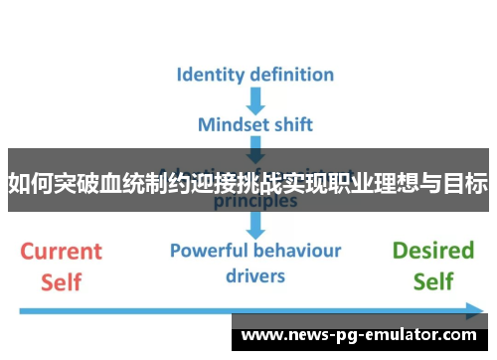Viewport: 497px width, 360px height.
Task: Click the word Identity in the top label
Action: [x=211, y=74]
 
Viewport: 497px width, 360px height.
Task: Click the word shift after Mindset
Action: [x=292, y=125]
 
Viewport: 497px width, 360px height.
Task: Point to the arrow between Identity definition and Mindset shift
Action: [x=255, y=99]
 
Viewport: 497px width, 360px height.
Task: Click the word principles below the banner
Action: [x=255, y=200]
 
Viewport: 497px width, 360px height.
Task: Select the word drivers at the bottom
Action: [x=255, y=274]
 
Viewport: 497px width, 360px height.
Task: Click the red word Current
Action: [x=62, y=251]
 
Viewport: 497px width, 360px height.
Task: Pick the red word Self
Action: [x=62, y=281]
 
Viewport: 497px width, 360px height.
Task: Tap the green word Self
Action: [x=432, y=281]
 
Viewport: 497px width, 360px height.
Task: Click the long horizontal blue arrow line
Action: [x=199, y=310]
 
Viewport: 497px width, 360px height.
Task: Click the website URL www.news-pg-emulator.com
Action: [x=359, y=335]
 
